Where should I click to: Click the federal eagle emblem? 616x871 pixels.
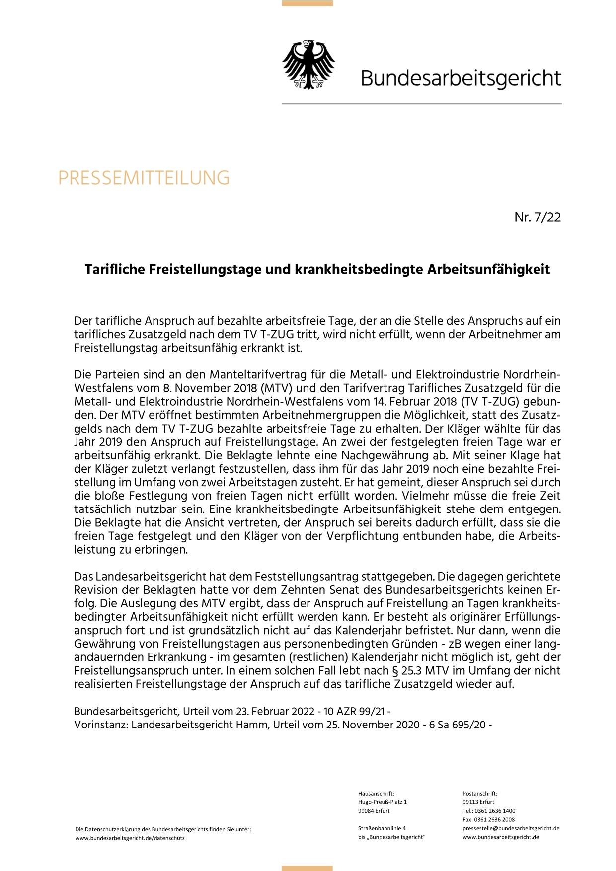point(308,65)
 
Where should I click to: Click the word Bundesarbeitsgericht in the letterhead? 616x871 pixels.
point(461,78)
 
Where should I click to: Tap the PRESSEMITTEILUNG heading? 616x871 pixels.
point(144,178)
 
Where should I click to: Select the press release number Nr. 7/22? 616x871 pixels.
point(538,218)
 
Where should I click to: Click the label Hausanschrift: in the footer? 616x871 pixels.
point(376,794)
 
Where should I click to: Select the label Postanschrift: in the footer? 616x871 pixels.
point(480,794)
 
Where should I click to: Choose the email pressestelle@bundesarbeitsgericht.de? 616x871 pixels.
point(511,828)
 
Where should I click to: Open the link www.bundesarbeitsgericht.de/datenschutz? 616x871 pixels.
point(130,838)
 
